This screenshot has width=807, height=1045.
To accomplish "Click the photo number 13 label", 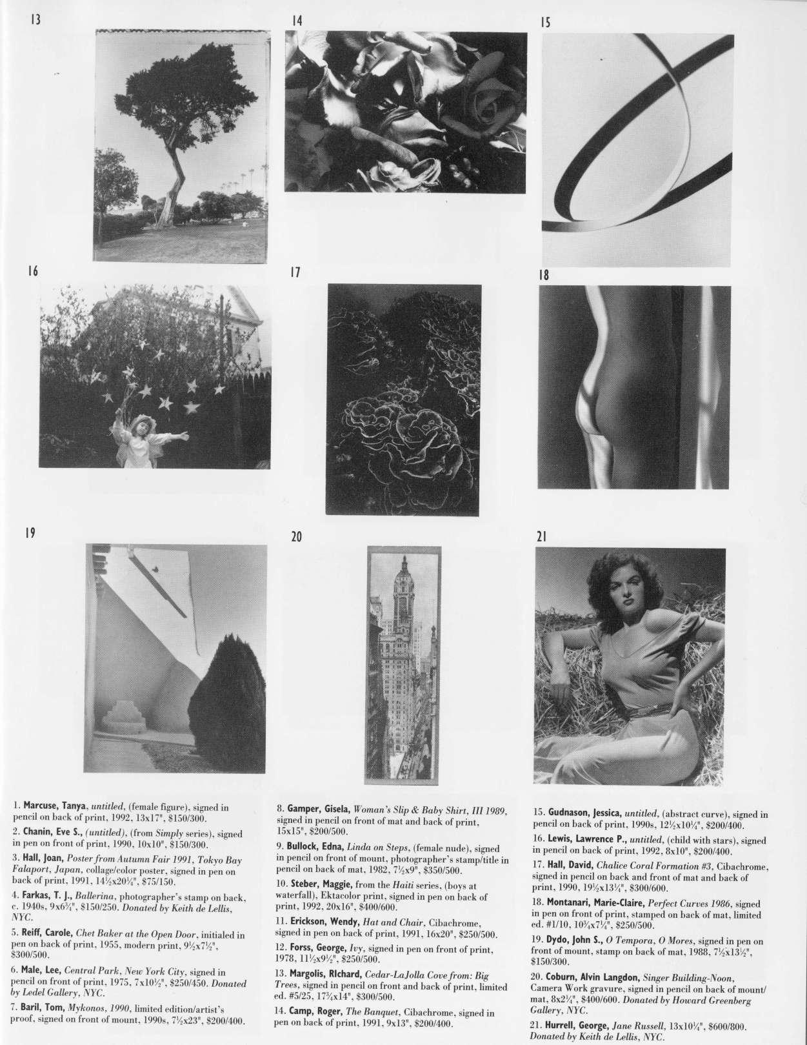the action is (35, 19).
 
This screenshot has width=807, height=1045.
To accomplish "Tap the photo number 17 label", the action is (295, 272).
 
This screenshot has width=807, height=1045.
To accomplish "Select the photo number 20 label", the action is (297, 536).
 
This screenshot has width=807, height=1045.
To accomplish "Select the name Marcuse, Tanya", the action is (54, 806).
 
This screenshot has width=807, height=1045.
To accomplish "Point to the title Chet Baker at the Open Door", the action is (136, 934).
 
